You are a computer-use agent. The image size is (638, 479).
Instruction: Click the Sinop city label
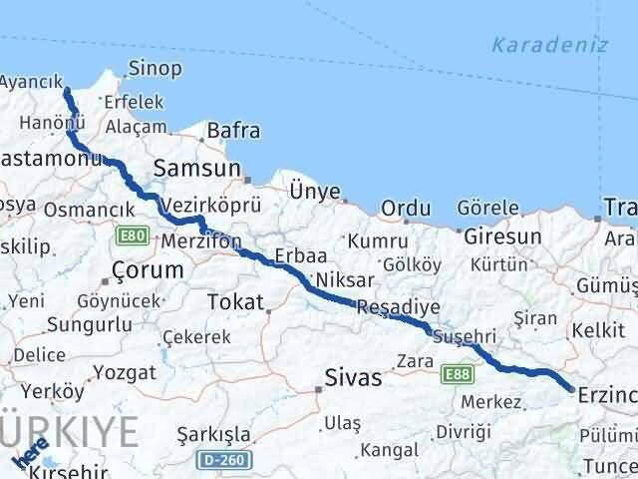pyautogui.click(x=155, y=69)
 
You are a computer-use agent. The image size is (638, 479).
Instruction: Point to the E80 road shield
pyautogui.click(x=131, y=237)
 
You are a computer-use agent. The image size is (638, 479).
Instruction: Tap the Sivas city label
pyautogui.click(x=354, y=377)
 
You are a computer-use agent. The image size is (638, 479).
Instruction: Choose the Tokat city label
pyautogui.click(x=235, y=302)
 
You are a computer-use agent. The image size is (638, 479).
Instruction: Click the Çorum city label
pyautogui.click(x=149, y=269)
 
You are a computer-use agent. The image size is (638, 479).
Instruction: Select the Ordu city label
pyautogui.click(x=406, y=209)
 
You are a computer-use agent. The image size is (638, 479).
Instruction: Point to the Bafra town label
pyautogui.click(x=233, y=131)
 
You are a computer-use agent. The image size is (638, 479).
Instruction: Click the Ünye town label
pyautogui.click(x=314, y=191)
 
